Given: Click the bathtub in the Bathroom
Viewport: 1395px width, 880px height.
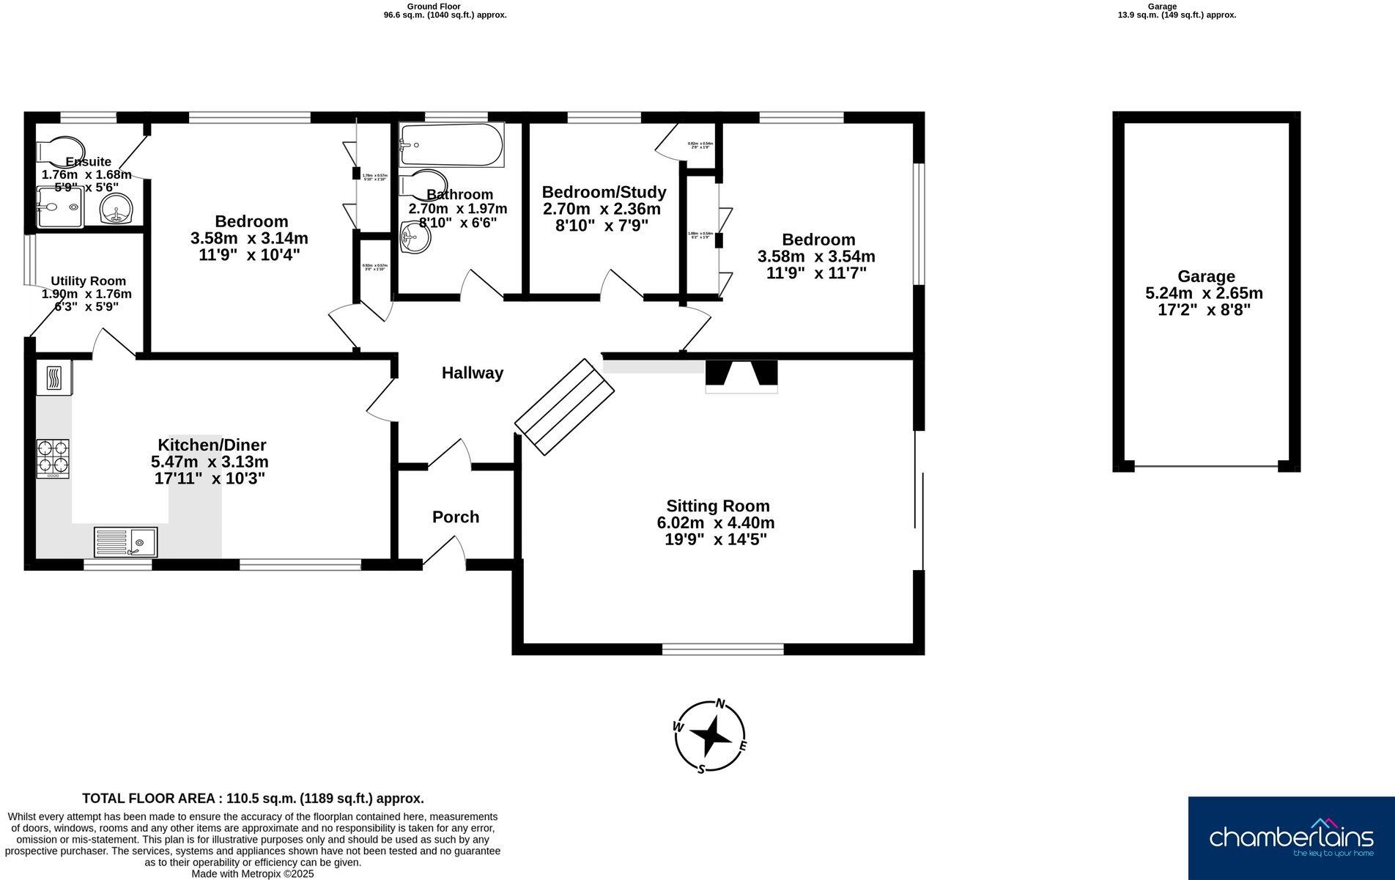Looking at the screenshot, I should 451,144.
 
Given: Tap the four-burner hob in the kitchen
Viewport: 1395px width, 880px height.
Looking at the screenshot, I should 53,459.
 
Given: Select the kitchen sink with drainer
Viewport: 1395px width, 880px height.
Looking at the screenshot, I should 125,542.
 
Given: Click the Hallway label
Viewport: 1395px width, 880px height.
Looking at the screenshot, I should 473,373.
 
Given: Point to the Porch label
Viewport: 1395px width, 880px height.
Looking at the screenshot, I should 456,517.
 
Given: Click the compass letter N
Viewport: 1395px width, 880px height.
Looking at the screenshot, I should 720,704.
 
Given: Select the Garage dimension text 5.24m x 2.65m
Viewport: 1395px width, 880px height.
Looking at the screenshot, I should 1205,293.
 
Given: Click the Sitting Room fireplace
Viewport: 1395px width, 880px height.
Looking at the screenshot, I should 741,375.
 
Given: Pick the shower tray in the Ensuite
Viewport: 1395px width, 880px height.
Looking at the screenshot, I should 59,207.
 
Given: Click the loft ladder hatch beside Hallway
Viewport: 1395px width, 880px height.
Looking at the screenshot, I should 564,407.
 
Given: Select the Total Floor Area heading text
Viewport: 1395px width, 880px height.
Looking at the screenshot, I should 253,799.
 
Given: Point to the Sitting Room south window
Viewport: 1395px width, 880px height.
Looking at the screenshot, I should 722,648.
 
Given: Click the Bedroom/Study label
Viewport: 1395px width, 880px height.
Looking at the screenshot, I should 604,192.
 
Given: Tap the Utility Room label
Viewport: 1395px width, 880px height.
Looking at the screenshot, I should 88,281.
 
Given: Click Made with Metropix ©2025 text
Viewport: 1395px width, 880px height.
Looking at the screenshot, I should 253,873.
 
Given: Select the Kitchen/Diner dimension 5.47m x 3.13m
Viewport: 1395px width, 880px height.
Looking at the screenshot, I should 210,462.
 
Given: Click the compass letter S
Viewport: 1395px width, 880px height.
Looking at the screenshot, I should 701,769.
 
